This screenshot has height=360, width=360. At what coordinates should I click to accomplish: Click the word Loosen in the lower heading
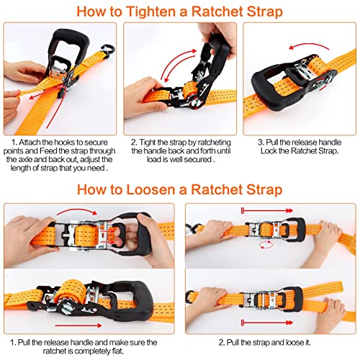(160, 191)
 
